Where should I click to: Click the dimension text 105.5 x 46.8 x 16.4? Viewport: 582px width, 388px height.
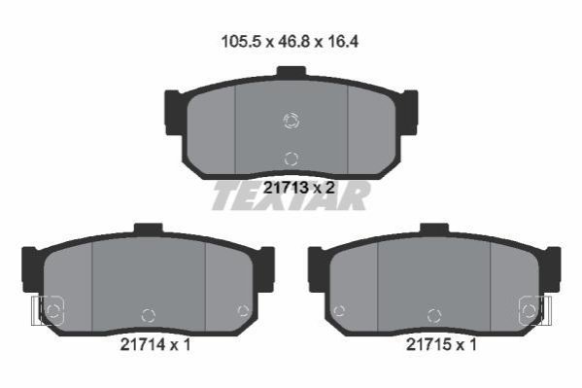click(x=290, y=42)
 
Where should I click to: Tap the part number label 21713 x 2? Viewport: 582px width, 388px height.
click(x=299, y=188)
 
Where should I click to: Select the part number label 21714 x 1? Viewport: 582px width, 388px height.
click(x=155, y=345)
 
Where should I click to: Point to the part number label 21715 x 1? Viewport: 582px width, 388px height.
click(x=441, y=345)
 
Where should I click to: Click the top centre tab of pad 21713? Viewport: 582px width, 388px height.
click(x=291, y=71)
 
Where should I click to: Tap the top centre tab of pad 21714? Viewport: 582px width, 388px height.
click(x=149, y=229)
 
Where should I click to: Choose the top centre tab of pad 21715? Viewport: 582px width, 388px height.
click(x=434, y=229)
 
